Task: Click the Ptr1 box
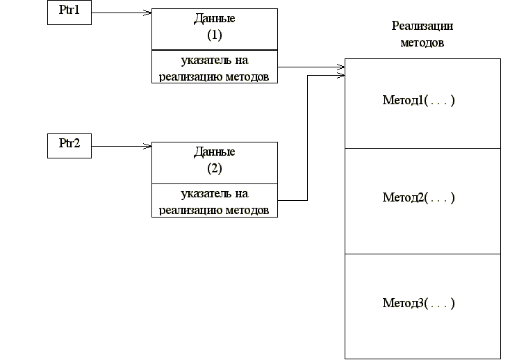(69, 13)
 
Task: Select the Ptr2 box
(69, 145)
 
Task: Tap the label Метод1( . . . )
(418, 101)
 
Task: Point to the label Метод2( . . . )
(418, 197)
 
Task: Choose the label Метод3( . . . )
(418, 303)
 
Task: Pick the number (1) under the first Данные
(214, 33)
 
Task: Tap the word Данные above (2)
(214, 152)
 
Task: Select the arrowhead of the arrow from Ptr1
(147, 13)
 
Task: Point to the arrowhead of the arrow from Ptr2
(147, 146)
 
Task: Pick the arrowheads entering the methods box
(340, 69)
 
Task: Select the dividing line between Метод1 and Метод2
(422, 149)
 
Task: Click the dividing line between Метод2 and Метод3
(422, 254)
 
